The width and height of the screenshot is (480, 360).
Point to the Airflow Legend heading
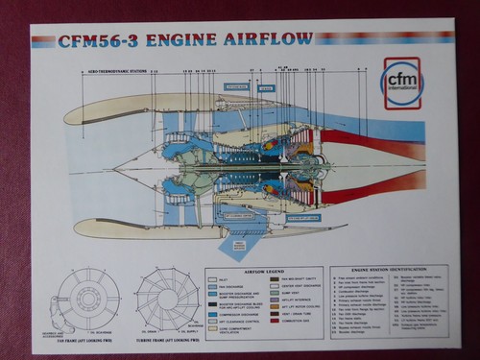pos(264,271)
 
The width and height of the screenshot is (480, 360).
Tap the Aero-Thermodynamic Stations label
pos(113,72)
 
